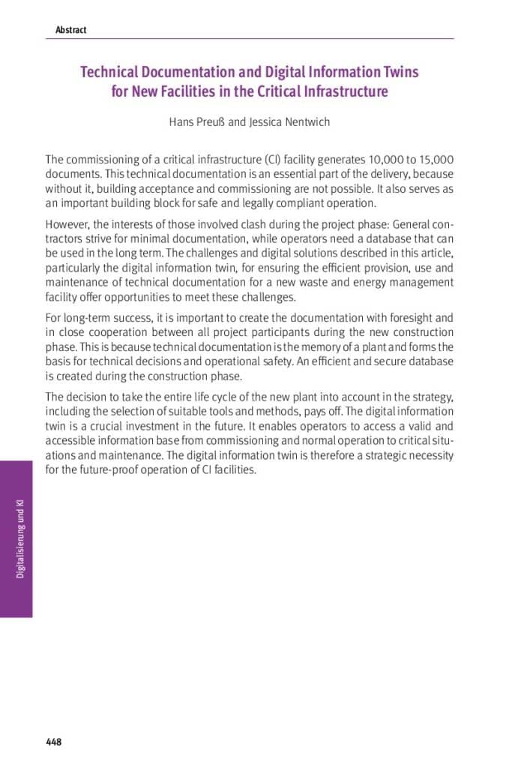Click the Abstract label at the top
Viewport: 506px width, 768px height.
click(x=70, y=30)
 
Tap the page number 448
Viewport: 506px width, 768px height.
click(x=53, y=742)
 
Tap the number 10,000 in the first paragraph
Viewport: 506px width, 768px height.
click(x=388, y=160)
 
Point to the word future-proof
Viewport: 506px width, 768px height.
click(x=109, y=470)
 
